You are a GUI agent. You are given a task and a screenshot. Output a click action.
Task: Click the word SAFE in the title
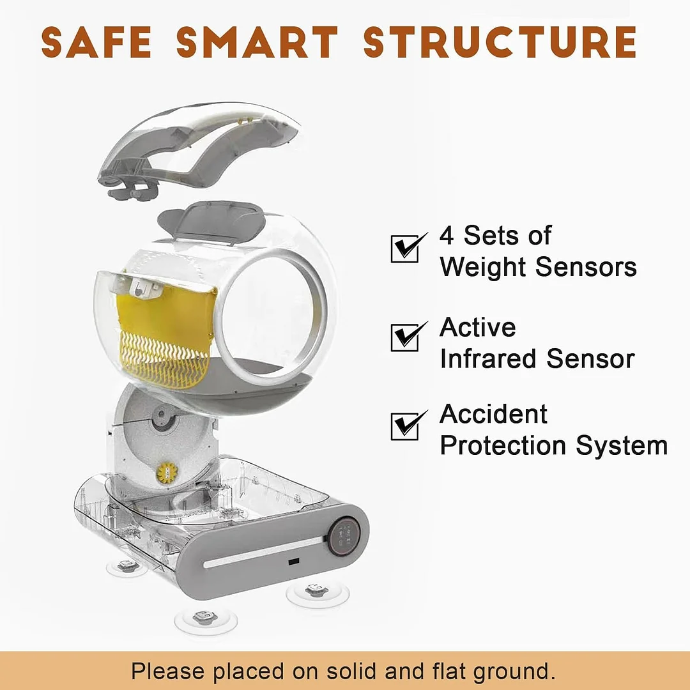point(96,42)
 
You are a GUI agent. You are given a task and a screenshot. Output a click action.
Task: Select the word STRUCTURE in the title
point(500,42)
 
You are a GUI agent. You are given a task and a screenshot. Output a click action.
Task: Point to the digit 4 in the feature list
point(447,235)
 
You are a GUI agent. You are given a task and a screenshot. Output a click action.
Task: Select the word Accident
point(493,414)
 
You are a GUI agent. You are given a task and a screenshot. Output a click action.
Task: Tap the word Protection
point(503,445)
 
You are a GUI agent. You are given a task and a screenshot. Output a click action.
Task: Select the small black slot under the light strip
point(293,562)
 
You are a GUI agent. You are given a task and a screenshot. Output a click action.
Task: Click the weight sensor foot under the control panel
point(317,592)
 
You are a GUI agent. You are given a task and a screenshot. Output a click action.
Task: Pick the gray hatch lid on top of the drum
point(211,221)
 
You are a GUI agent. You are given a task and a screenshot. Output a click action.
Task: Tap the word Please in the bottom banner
point(168,671)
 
